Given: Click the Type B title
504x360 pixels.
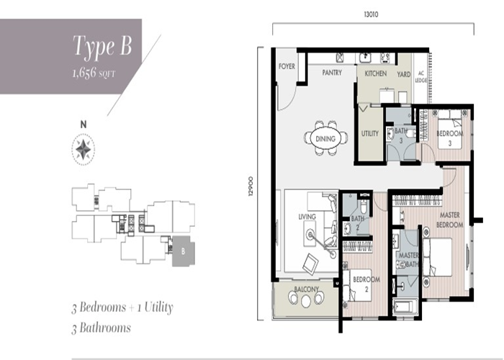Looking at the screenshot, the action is coord(102,46).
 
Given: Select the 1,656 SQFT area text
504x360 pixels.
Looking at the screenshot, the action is coord(94,73).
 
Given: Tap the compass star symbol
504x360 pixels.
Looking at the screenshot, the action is coord(84,150).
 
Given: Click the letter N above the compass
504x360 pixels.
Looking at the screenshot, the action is coord(84,125).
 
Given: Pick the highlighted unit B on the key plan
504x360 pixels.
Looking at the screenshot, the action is coord(183,251).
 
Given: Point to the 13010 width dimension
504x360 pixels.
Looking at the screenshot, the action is coord(371,14).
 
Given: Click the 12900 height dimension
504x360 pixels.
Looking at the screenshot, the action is coord(251,186).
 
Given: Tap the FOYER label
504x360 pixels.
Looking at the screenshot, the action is coord(287,66).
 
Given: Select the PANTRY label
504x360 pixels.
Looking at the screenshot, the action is coord(332,73).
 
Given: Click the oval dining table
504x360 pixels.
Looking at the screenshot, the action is coord(325,139).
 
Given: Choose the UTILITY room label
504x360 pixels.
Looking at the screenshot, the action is coord(370,133).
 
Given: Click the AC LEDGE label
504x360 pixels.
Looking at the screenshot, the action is coord(420,77).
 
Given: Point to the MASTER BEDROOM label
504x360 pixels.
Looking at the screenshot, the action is coord(450,220).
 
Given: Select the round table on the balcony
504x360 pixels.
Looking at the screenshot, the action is coord(306,301).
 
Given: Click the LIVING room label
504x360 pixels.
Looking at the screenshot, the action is coord(307,217).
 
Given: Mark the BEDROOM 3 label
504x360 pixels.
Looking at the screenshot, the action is coord(450,138).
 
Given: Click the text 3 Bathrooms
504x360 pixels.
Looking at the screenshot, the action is coord(102,328).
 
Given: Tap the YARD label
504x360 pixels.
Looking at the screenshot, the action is coord(404,74).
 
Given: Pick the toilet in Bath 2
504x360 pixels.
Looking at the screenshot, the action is coord(364,205).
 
